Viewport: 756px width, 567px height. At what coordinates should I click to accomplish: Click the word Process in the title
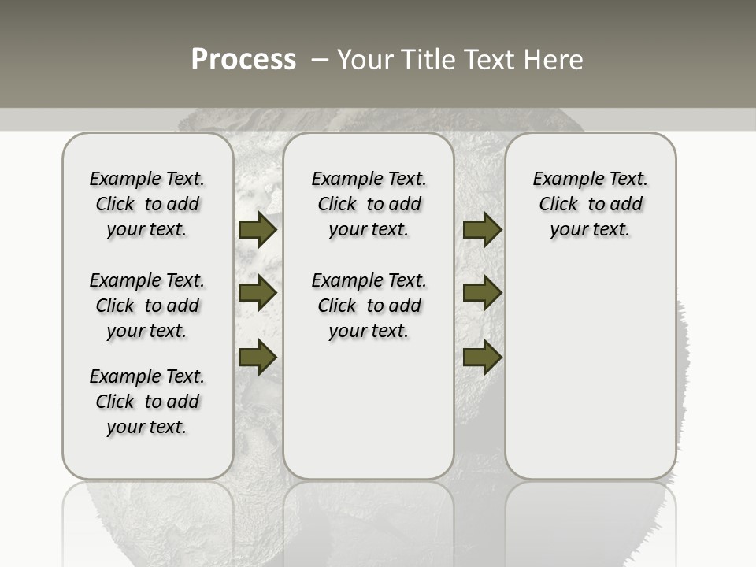pos(243,59)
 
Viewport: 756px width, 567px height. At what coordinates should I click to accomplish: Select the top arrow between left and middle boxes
pos(258,230)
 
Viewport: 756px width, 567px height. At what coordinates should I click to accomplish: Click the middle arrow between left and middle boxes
pos(258,293)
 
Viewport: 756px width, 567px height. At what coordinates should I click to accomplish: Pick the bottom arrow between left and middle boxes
pos(258,357)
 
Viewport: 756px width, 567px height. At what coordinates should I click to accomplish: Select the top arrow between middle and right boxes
pos(482,230)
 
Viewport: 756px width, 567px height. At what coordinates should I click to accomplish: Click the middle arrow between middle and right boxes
pos(482,293)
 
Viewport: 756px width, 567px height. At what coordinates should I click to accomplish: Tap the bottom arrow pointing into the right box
pos(482,357)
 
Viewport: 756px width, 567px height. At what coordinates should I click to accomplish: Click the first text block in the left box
pos(147,204)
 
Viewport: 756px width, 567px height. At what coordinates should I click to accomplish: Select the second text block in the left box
pos(147,306)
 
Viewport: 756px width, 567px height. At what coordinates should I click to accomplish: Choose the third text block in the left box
pos(147,402)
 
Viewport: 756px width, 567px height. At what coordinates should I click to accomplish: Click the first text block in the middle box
pos(369,204)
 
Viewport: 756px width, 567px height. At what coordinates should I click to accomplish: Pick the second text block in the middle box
pos(369,306)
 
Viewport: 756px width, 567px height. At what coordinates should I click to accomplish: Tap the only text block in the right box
pos(591,204)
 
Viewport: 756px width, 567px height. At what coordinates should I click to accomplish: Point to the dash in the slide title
pos(320,60)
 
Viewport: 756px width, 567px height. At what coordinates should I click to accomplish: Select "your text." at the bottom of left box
pos(146,427)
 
